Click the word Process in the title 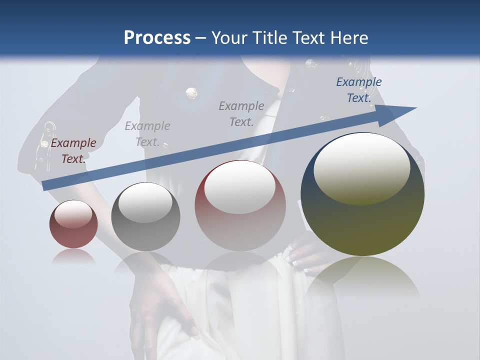[x=157, y=38]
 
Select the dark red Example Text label [x=73, y=151]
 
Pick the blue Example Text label [x=359, y=90]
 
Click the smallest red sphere [x=73, y=224]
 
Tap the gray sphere [x=145, y=217]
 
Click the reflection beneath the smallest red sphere [x=73, y=257]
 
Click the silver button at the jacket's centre [x=190, y=93]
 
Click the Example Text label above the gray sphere [x=147, y=133]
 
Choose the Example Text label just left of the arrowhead [x=241, y=113]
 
